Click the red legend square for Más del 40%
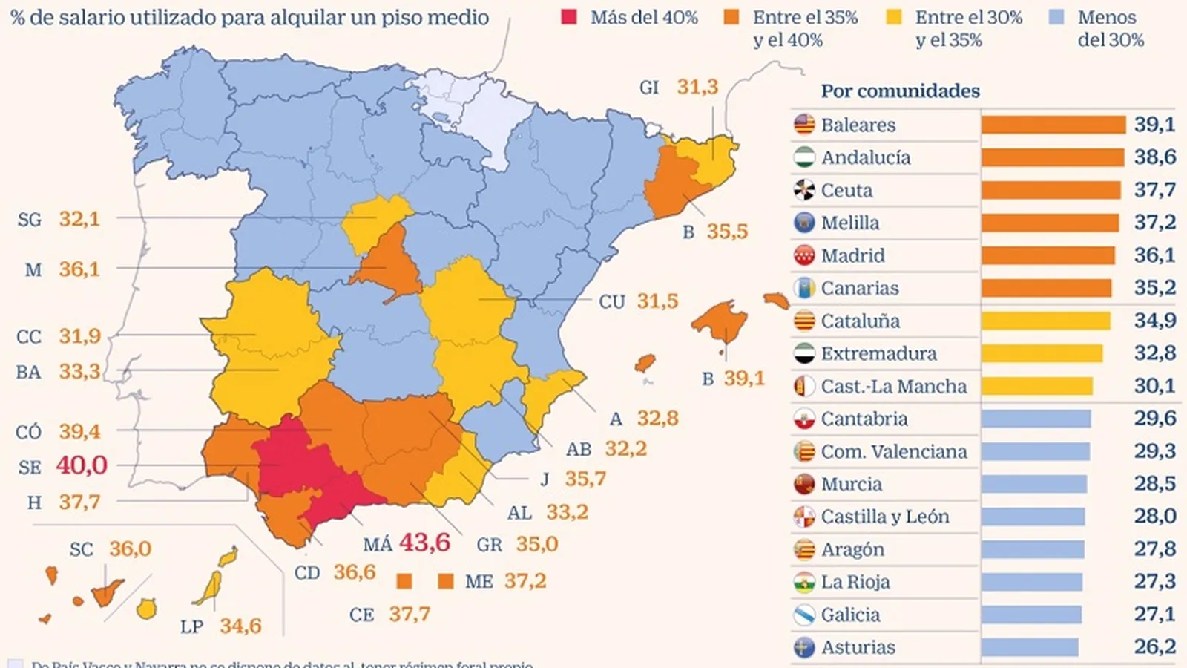[569, 17]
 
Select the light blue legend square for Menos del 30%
[1056, 17]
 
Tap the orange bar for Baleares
[1053, 125]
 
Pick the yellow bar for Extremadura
[1042, 353]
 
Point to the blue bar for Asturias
[1029, 647]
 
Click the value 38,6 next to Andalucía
[1154, 157]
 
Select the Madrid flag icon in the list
[804, 255]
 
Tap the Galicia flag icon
[804, 615]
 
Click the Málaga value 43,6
[424, 542]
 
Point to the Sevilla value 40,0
[82, 465]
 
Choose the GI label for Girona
[649, 88]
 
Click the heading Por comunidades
[900, 91]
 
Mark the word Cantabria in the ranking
[864, 419]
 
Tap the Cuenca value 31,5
[657, 301]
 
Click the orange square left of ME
[446, 580]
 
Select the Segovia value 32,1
[79, 219]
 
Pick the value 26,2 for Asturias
[1154, 646]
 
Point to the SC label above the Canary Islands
[82, 549]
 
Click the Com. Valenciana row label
[893, 451]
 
